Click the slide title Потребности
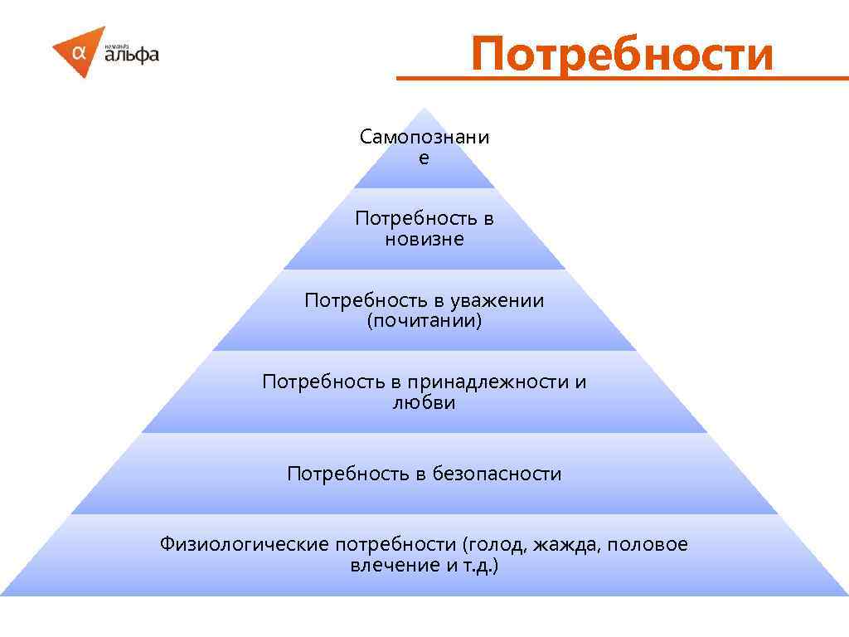click(622, 55)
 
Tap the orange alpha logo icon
click(80, 51)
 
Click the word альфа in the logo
click(132, 56)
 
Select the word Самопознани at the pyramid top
click(424, 137)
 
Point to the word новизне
click(424, 240)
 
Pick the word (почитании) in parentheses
click(424, 321)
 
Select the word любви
click(424, 403)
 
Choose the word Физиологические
click(245, 545)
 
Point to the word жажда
click(568, 545)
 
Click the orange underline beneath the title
click(622, 79)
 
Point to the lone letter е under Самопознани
click(424, 158)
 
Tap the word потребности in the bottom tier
click(396, 545)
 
